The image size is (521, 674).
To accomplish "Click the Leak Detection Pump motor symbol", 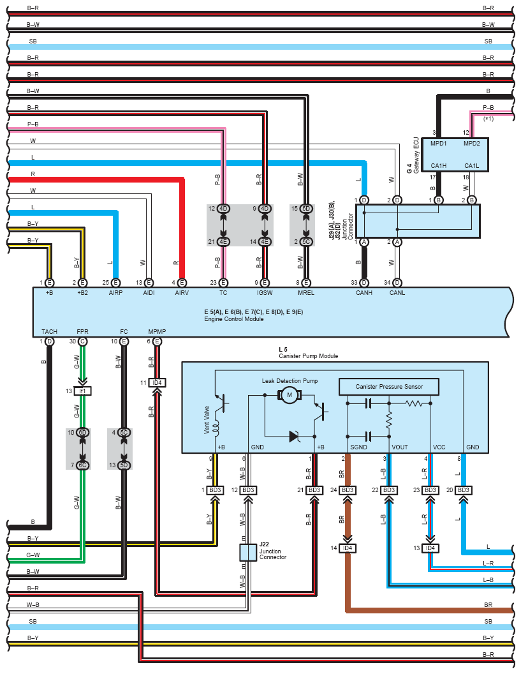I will [290, 396].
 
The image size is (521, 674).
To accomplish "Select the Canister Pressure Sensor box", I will [389, 387].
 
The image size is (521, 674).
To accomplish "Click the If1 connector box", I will [82, 391].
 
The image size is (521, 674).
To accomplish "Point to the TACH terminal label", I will [49, 332].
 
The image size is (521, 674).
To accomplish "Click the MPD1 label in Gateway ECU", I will [439, 144].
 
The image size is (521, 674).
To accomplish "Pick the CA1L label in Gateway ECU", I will [471, 165].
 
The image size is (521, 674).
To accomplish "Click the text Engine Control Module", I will [229, 318].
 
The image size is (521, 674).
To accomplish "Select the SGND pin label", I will [360, 447].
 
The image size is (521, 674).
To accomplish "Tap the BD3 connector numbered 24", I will [348, 490].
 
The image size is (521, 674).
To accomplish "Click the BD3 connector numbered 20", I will [464, 490].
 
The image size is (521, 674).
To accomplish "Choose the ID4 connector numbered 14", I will [348, 548].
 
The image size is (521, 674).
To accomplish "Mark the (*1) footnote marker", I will [489, 119].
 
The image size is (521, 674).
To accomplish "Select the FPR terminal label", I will [82, 332].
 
